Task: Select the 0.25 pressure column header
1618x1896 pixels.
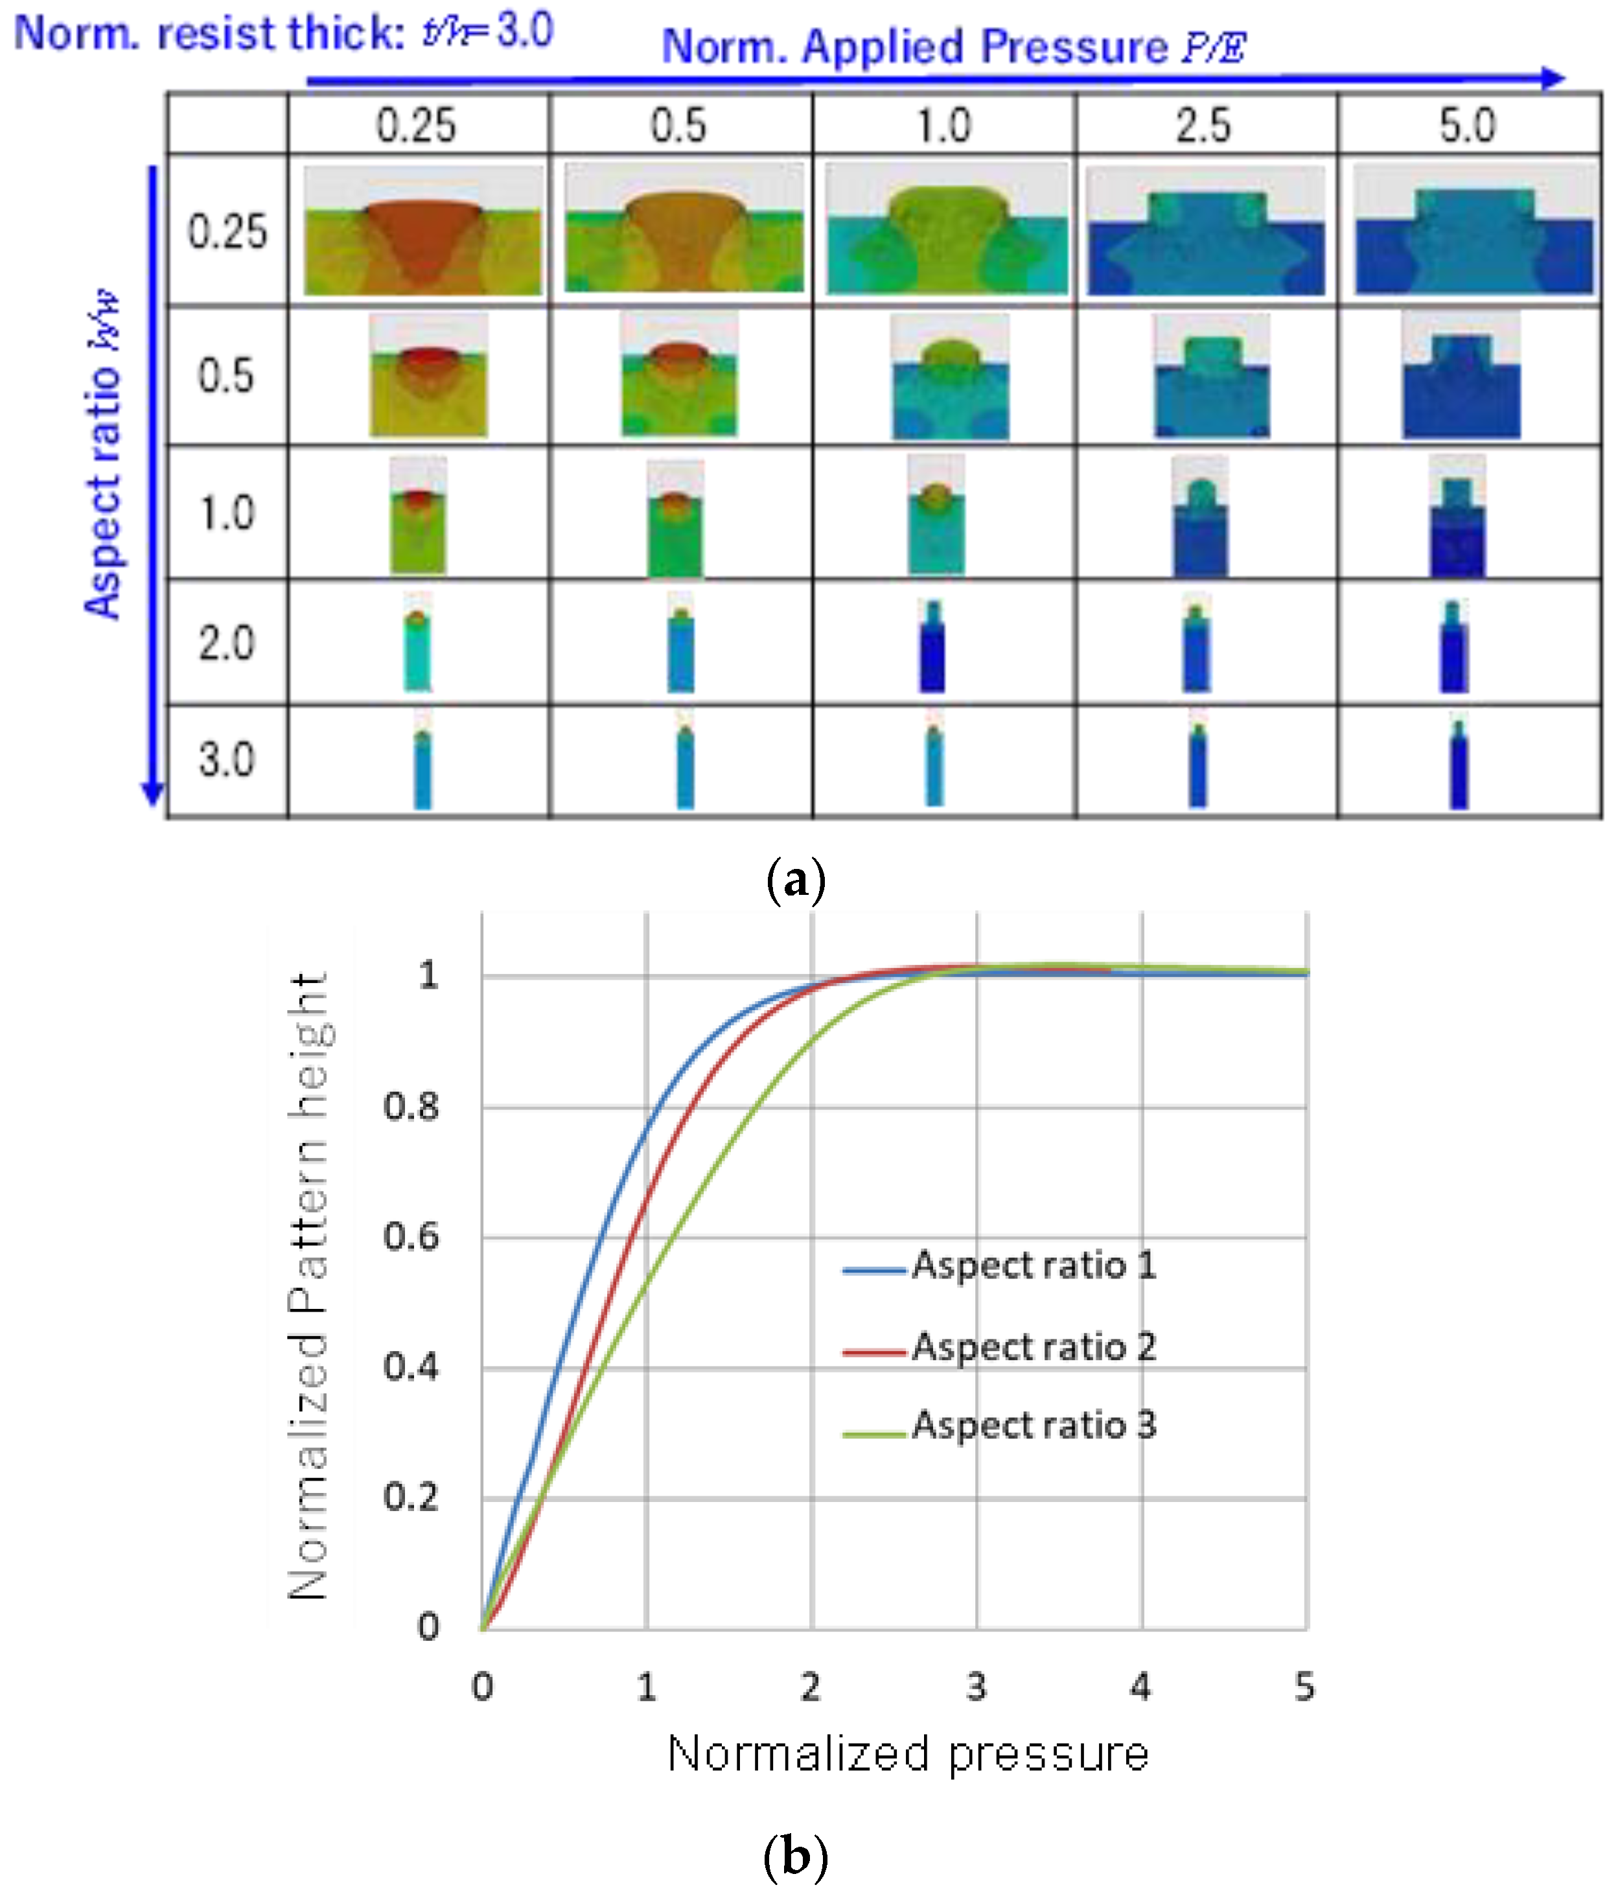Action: click(x=417, y=125)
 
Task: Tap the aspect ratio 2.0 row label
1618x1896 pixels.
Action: click(x=227, y=643)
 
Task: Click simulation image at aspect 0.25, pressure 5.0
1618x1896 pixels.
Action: click(x=1474, y=231)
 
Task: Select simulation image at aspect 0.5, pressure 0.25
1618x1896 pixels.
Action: click(x=428, y=376)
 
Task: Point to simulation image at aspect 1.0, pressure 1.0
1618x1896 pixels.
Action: click(x=935, y=514)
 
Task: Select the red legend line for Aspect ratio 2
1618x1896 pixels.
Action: click(x=874, y=1350)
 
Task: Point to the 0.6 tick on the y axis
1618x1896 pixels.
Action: click(x=411, y=1237)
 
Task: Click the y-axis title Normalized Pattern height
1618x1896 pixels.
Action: click(x=308, y=1286)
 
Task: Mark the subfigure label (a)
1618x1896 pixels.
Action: click(x=795, y=880)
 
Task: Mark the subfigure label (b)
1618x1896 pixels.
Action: click(x=795, y=1856)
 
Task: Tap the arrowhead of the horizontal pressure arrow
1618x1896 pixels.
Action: click(x=1553, y=78)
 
